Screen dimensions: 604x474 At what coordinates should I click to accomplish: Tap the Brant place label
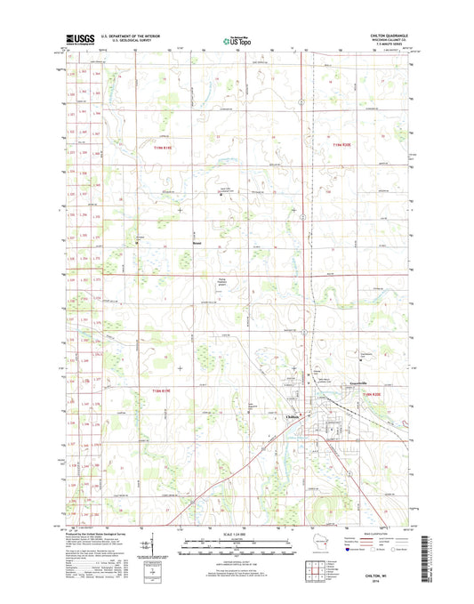point(197,241)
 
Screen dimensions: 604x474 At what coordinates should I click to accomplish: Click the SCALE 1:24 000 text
point(237,534)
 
